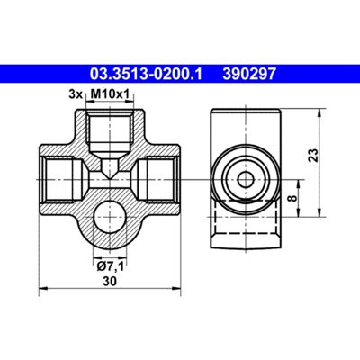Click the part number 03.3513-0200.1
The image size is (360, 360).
(146, 74)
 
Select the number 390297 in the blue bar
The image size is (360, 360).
(249, 74)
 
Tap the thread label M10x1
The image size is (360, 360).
(110, 94)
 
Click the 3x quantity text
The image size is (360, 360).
(76, 94)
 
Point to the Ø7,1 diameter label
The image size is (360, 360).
(110, 266)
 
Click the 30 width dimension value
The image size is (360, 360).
(110, 282)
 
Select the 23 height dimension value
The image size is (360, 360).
(313, 155)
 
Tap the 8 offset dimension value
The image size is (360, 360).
(292, 198)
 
